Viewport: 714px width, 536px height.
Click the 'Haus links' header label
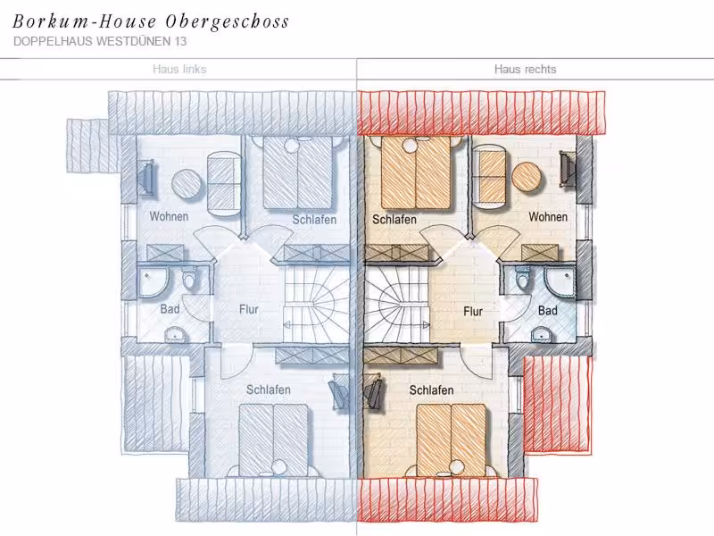click(179, 70)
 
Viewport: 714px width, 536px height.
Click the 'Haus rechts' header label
click(525, 70)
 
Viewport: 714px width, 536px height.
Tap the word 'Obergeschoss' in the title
click(228, 21)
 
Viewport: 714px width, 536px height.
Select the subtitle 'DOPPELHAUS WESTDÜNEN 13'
click(100, 41)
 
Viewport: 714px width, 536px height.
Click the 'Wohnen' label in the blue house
click(169, 216)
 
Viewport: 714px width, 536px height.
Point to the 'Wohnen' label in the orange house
click(548, 216)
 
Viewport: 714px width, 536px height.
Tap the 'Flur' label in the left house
click(249, 309)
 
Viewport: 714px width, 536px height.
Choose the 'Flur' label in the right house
click(473, 311)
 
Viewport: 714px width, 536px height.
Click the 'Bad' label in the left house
click(170, 309)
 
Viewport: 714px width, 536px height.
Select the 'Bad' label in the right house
click(547, 310)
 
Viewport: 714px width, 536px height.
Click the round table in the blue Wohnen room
click(187, 184)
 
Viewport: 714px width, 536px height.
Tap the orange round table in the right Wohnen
click(527, 176)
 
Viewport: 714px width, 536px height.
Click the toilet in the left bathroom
click(188, 279)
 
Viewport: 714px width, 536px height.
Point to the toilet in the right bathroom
click(523, 278)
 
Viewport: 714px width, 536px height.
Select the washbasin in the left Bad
click(175, 334)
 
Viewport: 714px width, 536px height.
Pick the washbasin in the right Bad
click(542, 334)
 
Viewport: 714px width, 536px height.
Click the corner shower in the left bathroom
click(153, 282)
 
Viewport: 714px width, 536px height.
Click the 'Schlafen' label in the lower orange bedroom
click(431, 390)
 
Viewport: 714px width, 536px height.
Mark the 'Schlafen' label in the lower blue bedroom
click(269, 389)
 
